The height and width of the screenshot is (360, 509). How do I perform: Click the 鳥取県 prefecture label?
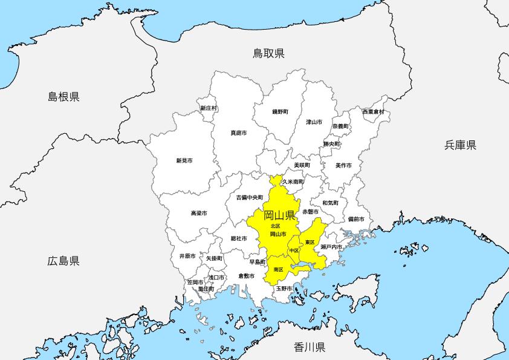[x=268, y=54]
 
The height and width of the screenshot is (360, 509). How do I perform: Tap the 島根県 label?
[x=64, y=96]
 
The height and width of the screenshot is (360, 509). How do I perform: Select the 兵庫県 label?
[x=461, y=145]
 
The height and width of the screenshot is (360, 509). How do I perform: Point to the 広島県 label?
[x=63, y=261]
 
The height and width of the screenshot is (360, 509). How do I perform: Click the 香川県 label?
[x=310, y=347]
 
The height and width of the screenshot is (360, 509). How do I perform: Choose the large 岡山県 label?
[x=279, y=215]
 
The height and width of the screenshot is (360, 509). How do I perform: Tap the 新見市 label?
[x=184, y=160]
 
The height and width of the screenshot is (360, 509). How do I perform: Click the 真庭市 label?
[x=239, y=133]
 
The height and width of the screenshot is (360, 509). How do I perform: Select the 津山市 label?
[x=314, y=122]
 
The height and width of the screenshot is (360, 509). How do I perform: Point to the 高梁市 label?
[x=199, y=214]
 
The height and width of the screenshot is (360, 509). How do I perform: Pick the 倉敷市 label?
[x=246, y=276]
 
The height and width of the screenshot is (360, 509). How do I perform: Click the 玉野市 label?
[x=284, y=289]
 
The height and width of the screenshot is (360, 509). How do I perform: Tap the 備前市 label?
[x=356, y=219]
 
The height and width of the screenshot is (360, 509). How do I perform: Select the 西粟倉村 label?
[x=373, y=112]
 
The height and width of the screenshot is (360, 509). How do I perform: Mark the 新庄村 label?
[x=209, y=108]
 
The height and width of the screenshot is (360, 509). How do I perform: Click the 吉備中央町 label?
[x=249, y=197]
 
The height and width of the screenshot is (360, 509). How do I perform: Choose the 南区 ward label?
[x=279, y=269]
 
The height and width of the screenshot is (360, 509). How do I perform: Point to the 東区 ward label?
[x=310, y=242]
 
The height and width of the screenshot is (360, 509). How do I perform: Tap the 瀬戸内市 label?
[x=331, y=247]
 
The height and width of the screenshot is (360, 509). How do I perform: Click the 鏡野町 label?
[x=280, y=112]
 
